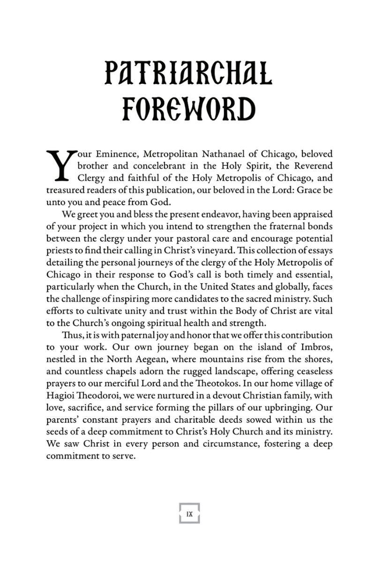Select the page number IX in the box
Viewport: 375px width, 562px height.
(x=189, y=513)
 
